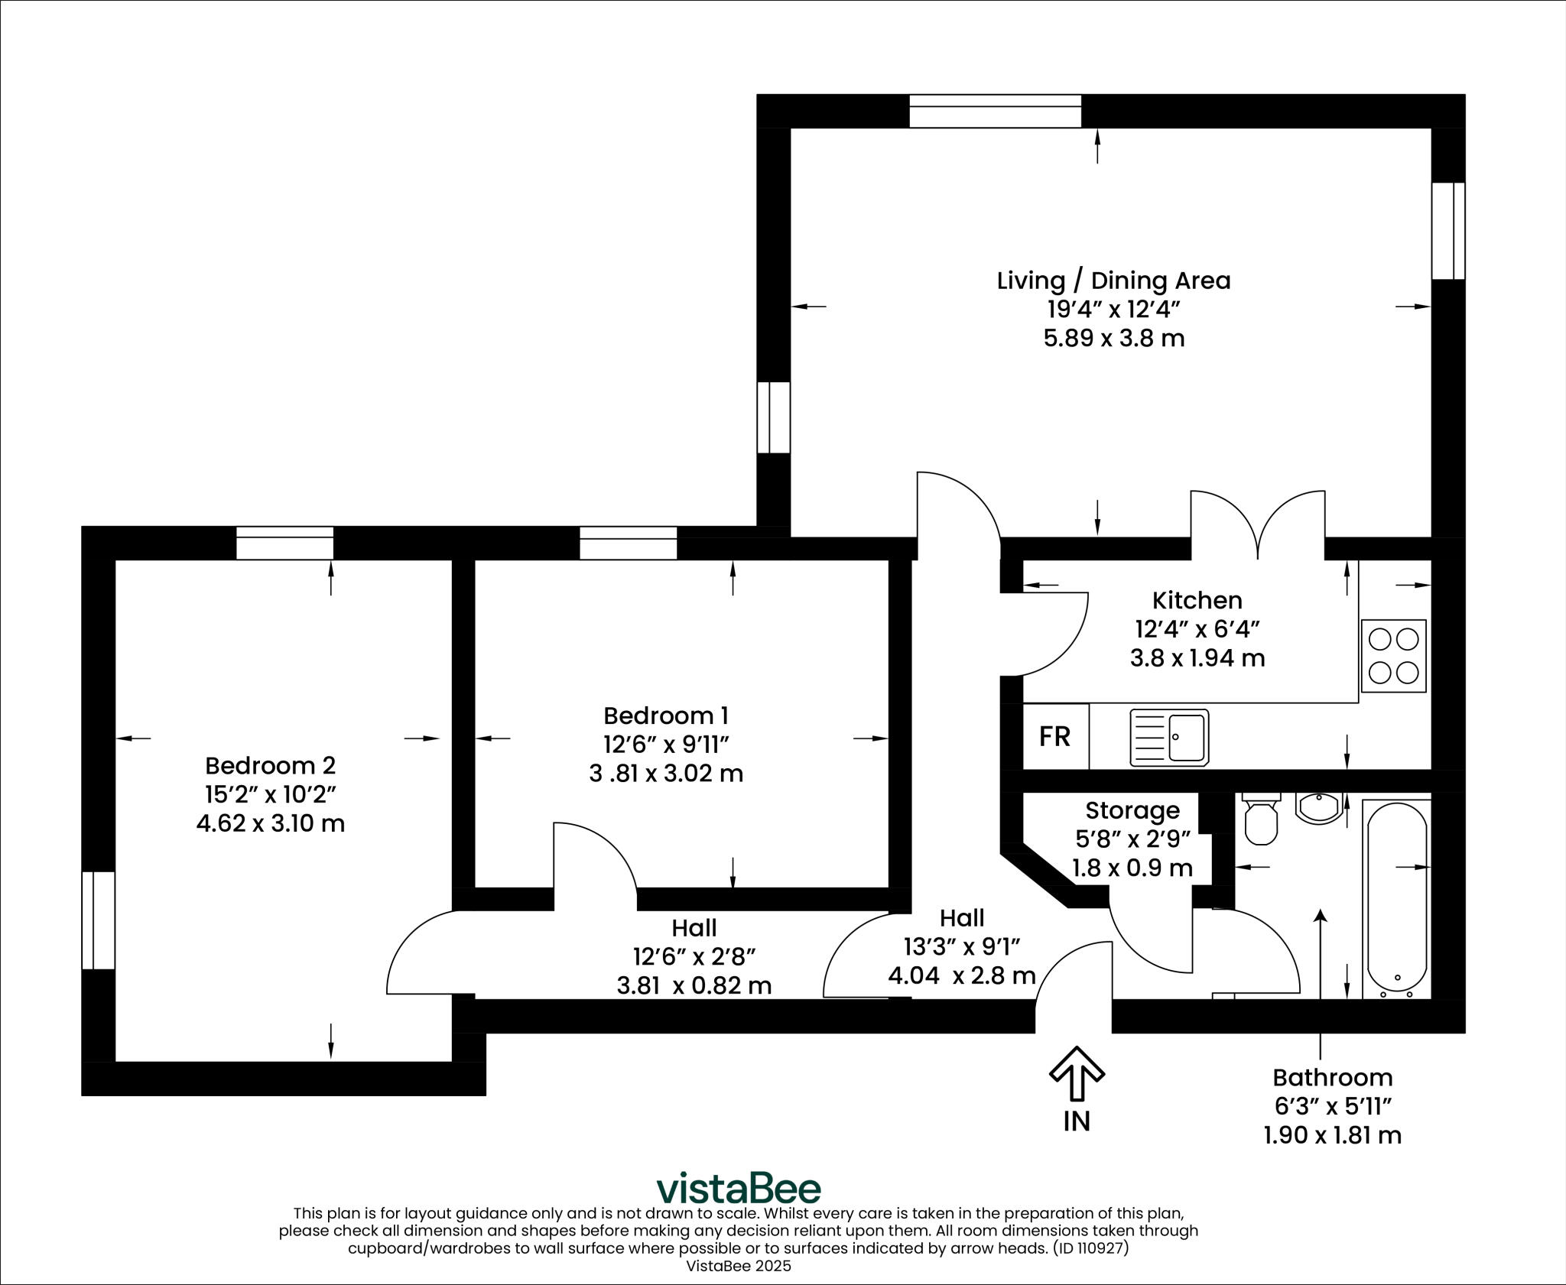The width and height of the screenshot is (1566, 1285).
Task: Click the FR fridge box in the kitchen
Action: (x=1055, y=736)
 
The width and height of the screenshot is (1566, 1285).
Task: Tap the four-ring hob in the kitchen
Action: (x=1393, y=656)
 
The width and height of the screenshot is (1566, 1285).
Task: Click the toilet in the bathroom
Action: (x=1261, y=820)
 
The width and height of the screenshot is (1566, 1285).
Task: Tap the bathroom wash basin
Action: (x=1320, y=807)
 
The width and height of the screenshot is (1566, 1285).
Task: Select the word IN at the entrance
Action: (x=1077, y=1121)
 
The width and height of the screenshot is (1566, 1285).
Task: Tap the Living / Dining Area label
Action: (x=1113, y=281)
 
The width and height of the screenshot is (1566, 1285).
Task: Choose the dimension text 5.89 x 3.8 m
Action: (x=1113, y=338)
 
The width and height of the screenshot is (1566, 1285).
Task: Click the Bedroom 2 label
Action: (x=270, y=765)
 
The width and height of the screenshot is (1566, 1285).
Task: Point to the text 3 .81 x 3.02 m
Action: (x=666, y=774)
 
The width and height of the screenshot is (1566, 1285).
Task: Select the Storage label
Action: (x=1132, y=810)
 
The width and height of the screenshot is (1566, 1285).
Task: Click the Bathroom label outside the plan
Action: (x=1332, y=1078)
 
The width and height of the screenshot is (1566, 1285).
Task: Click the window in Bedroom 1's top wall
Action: (x=628, y=543)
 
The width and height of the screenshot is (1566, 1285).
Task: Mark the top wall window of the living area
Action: (x=995, y=111)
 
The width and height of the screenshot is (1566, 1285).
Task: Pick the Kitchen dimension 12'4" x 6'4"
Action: (x=1197, y=629)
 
